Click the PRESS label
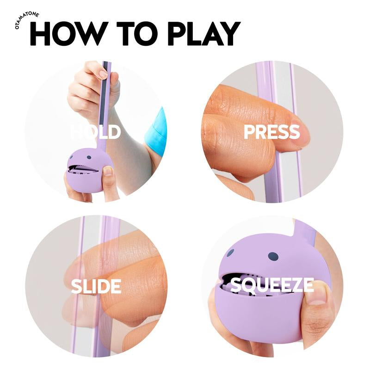pos(271,132)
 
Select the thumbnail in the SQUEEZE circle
pos(319,296)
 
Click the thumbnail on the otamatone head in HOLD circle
pos(107,171)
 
